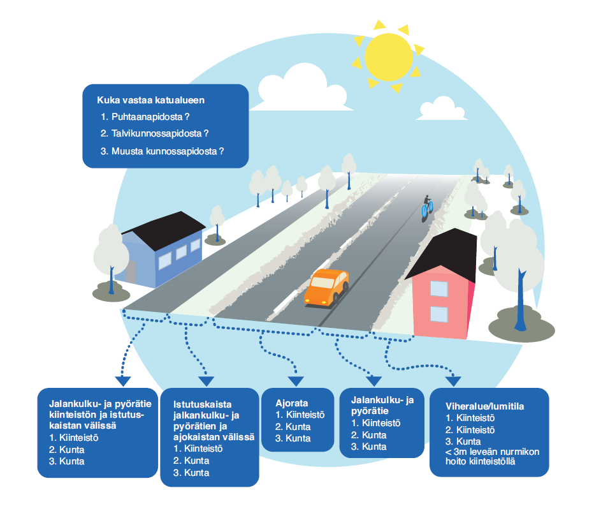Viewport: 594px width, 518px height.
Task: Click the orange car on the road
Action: tap(327, 286)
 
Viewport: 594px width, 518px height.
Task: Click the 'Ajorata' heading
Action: tap(292, 403)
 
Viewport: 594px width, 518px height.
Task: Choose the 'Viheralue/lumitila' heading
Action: tap(489, 406)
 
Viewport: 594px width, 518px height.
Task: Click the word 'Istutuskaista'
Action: tap(202, 404)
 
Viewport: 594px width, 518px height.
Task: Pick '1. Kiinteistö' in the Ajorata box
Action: tap(300, 415)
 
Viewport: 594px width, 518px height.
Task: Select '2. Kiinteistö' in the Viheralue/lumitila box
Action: tap(471, 430)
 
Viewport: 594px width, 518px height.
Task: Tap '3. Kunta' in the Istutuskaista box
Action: tap(191, 473)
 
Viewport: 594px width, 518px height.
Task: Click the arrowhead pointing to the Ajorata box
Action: tap(294, 382)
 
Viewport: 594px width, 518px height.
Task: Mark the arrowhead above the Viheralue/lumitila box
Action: tap(453, 381)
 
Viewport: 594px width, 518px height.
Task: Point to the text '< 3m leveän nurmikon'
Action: tap(493, 452)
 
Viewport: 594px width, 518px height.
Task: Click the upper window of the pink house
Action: tap(439, 288)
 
